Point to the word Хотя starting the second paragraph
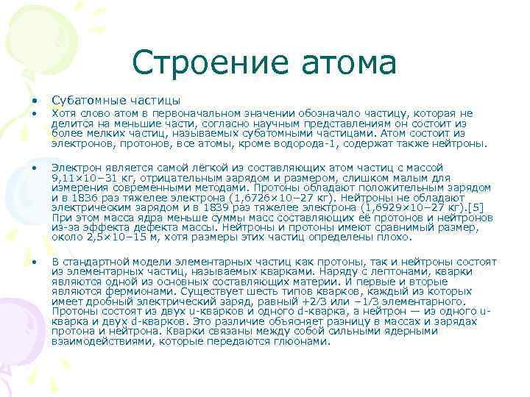tap(63, 113)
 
